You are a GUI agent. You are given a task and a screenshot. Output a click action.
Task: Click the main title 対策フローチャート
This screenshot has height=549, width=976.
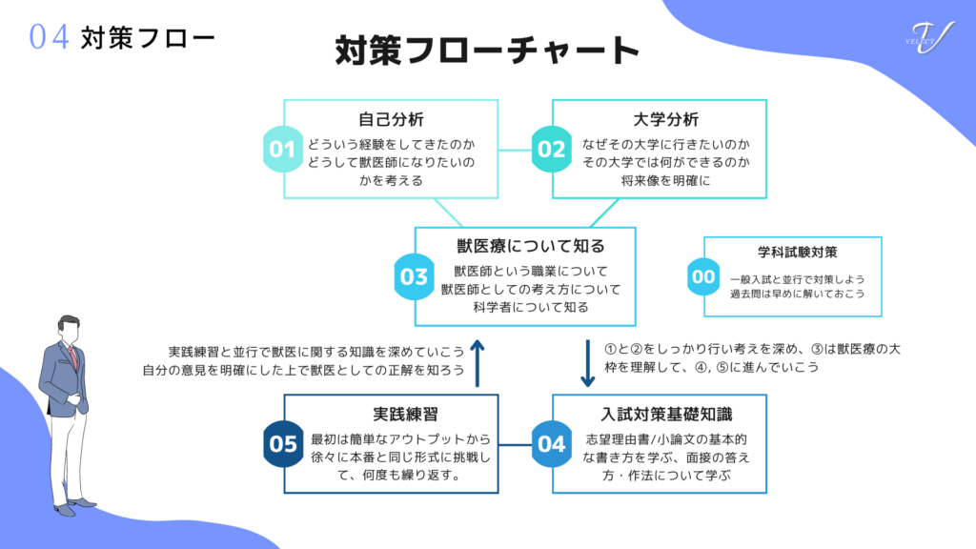click(x=487, y=50)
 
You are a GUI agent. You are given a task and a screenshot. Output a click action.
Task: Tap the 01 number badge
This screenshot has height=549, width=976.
click(x=282, y=150)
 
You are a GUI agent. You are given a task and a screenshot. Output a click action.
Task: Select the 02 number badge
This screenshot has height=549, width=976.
click(x=551, y=150)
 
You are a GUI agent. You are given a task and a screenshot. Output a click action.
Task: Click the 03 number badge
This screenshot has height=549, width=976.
click(x=414, y=276)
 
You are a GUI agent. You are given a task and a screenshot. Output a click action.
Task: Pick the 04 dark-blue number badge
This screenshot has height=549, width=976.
click(x=551, y=443)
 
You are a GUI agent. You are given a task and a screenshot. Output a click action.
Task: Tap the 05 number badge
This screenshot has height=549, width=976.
click(x=283, y=443)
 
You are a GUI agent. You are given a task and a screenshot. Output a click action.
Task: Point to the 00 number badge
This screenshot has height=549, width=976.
click(x=702, y=276)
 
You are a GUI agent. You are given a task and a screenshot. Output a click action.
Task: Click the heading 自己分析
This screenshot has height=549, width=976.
click(x=391, y=120)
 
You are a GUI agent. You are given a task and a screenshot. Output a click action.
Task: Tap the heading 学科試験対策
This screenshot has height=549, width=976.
click(x=791, y=253)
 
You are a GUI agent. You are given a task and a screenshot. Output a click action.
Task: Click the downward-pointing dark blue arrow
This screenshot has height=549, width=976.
click(x=587, y=362)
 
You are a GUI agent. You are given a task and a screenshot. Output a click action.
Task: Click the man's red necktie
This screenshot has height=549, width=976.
click(x=72, y=356)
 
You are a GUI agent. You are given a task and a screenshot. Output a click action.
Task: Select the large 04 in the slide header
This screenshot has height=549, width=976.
click(x=49, y=37)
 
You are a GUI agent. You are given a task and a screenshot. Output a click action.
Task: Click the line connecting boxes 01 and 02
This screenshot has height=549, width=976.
click(x=525, y=150)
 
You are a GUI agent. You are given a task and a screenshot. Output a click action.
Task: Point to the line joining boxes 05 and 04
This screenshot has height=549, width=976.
click(x=525, y=443)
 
